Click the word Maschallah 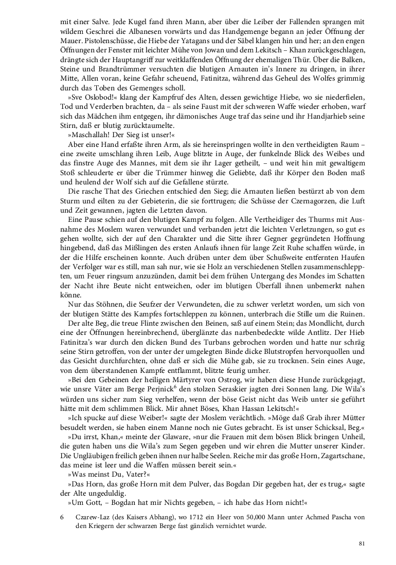(91, 135)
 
